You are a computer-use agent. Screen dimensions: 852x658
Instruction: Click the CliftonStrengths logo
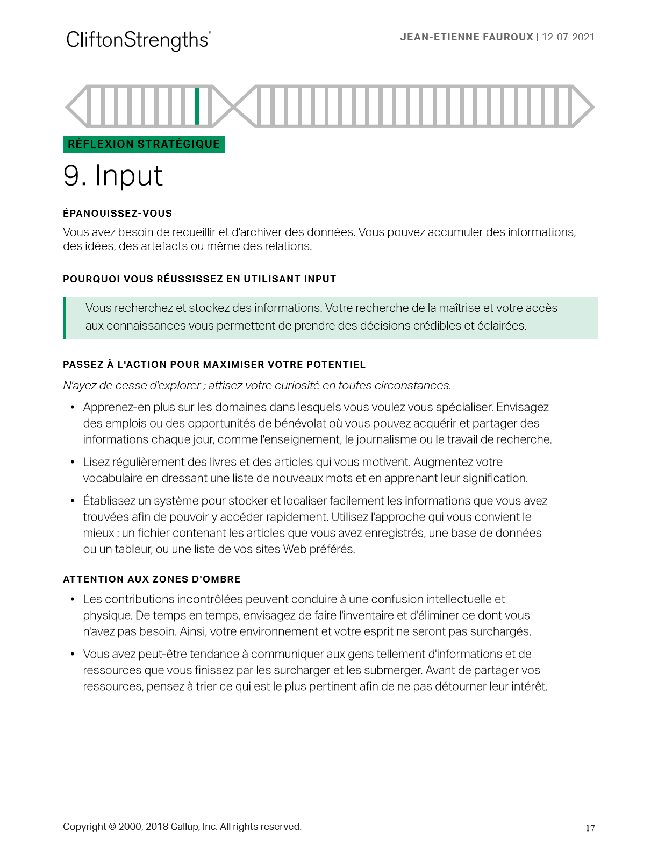(138, 40)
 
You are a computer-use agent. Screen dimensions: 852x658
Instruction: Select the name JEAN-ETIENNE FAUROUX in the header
(466, 37)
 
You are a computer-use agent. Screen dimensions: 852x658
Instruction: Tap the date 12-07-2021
(568, 37)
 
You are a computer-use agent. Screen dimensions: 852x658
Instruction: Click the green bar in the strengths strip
(197, 106)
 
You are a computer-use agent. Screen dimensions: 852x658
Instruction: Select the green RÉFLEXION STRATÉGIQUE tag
(144, 144)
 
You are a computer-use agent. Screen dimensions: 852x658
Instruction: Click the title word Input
(129, 176)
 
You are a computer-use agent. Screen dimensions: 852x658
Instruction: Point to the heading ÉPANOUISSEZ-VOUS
(117, 214)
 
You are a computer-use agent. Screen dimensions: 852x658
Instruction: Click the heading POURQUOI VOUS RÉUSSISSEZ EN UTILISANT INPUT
(199, 279)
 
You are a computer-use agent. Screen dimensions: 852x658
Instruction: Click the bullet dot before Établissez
(73, 501)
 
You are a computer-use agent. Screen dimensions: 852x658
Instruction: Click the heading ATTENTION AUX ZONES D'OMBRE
(152, 579)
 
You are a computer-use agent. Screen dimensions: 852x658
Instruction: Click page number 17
(590, 828)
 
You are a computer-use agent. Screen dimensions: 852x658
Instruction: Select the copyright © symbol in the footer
(112, 827)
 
